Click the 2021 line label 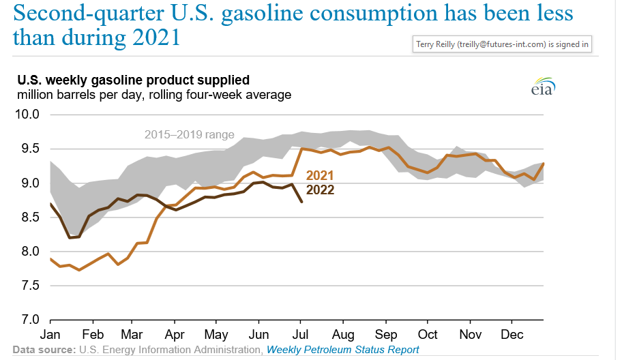point(319,175)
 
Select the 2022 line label point(320,190)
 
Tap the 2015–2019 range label point(189,134)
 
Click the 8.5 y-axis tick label point(28,217)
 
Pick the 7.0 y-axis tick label point(28,319)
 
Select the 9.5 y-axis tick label point(28,149)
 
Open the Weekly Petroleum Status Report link point(342,350)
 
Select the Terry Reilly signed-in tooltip point(503,44)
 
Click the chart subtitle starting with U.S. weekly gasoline point(133,80)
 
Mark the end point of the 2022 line point(302,202)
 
